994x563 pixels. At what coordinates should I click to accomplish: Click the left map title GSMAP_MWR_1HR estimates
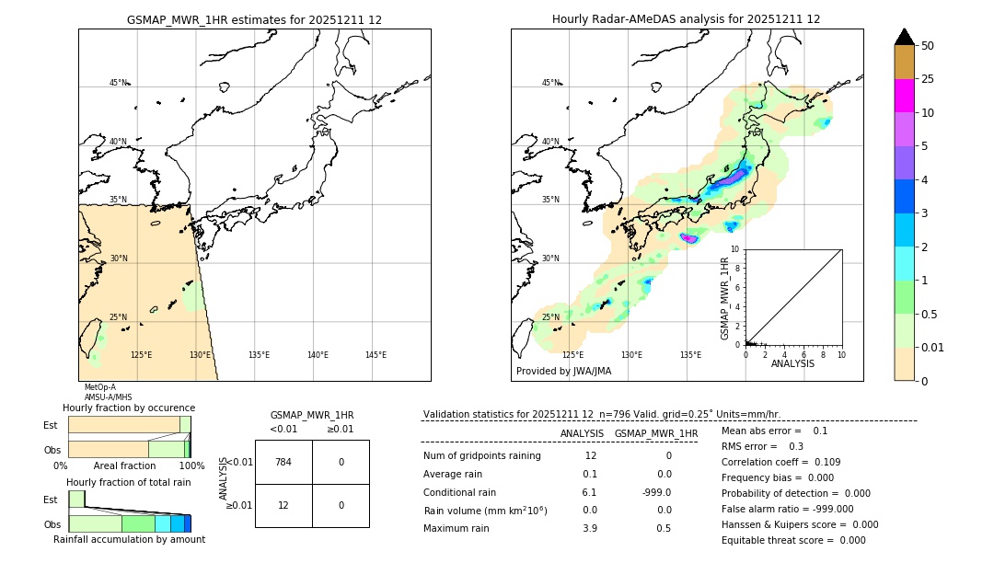pyautogui.click(x=254, y=19)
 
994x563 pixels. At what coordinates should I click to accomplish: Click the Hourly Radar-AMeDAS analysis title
pyautogui.click(x=686, y=19)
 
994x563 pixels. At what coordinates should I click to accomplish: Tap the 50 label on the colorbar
pyautogui.click(x=928, y=45)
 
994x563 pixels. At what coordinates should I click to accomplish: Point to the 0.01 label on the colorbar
pyautogui.click(x=933, y=347)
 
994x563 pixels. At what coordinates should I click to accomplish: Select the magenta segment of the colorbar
pyautogui.click(x=904, y=96)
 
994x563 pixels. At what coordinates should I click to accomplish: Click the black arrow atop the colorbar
pyautogui.click(x=904, y=37)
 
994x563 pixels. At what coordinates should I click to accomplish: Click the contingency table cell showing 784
pyautogui.click(x=283, y=462)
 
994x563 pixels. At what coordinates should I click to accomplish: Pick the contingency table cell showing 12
pyautogui.click(x=283, y=505)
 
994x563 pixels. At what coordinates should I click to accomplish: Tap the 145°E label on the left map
pyautogui.click(x=376, y=355)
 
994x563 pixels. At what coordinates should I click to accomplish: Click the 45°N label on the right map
pyautogui.click(x=550, y=83)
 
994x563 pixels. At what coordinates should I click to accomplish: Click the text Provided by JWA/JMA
pyautogui.click(x=563, y=371)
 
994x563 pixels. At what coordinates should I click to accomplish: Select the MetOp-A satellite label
pyautogui.click(x=99, y=387)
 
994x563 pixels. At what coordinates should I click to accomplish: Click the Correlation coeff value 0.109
pyautogui.click(x=819, y=462)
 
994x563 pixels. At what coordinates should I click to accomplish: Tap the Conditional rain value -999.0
pyautogui.click(x=655, y=492)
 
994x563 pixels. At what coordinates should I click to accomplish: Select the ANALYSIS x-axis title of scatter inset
pyautogui.click(x=792, y=363)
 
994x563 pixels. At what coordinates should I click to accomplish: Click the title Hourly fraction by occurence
pyautogui.click(x=129, y=408)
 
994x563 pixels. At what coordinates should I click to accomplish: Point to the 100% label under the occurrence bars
pyautogui.click(x=191, y=465)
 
